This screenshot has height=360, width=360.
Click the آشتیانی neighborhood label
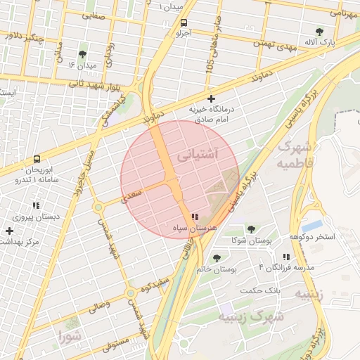[x=198, y=153]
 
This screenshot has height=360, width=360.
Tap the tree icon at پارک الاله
[x=321, y=32]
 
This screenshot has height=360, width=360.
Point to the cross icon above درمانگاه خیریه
[x=210, y=99]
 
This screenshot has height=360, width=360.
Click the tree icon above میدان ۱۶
[x=82, y=54]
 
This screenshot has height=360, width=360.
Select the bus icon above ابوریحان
[x=36, y=159]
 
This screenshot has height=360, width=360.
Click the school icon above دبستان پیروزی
[x=36, y=206]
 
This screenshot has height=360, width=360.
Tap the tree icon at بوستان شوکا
[x=251, y=229]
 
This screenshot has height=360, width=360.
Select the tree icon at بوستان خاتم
[x=217, y=258]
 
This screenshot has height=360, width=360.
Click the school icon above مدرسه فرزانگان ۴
[x=285, y=257]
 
